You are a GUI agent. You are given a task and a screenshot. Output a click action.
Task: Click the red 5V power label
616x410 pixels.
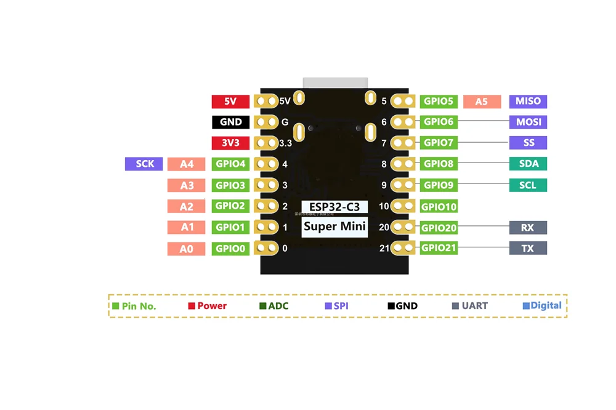tap(230, 102)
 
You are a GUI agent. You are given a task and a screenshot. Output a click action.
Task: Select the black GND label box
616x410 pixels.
tap(230, 122)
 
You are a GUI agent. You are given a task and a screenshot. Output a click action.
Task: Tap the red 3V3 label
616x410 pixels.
tap(230, 143)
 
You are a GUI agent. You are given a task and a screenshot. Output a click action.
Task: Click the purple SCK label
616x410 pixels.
tap(144, 164)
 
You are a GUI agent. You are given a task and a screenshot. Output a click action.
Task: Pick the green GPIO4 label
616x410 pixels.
tap(230, 164)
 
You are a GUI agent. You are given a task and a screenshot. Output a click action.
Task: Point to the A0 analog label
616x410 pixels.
tap(186, 249)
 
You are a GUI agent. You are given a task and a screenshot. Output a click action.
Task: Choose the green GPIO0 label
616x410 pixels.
tap(230, 249)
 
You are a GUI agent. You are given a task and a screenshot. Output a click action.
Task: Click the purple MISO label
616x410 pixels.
tap(528, 102)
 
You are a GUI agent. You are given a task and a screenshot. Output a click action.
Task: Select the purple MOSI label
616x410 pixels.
tap(528, 122)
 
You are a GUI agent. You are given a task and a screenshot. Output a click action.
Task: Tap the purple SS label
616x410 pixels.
tap(528, 143)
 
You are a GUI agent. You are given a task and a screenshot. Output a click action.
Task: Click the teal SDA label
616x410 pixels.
tap(528, 164)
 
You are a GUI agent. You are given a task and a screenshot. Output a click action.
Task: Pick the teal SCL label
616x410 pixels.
tap(528, 185)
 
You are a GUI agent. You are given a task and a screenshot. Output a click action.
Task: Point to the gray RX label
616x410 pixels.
tap(528, 227)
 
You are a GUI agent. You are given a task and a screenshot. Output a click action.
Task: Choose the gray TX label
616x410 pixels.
tap(528, 249)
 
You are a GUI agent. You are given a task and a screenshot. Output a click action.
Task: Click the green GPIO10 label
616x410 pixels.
tap(439, 207)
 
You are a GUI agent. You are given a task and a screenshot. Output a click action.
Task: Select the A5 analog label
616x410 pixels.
tap(482, 102)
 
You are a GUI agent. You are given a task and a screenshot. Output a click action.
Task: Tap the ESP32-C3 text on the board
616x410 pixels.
tap(334, 207)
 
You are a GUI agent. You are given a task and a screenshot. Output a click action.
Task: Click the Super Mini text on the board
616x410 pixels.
tap(334, 227)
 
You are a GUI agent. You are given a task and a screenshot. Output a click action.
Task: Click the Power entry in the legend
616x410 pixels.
tap(208, 306)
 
